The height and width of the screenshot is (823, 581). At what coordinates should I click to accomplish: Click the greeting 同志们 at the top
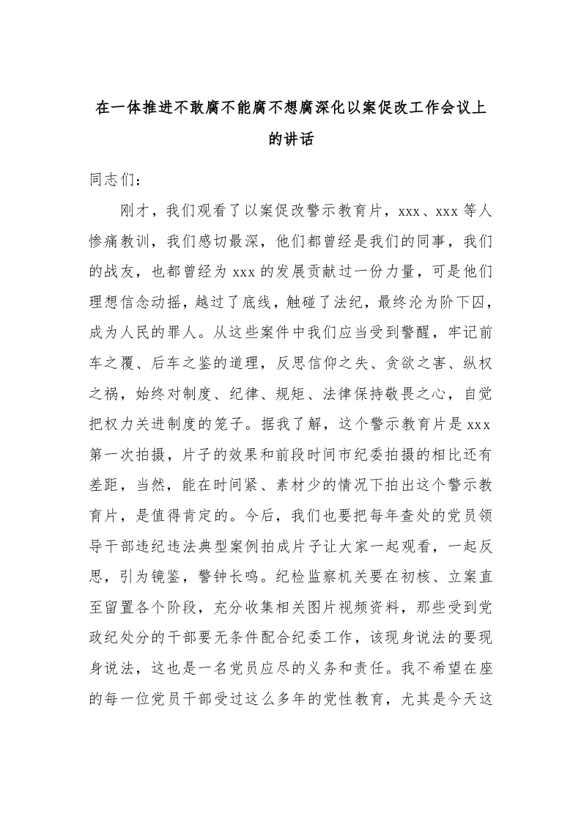(x=111, y=180)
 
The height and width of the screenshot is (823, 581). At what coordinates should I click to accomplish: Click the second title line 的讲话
(x=291, y=140)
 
